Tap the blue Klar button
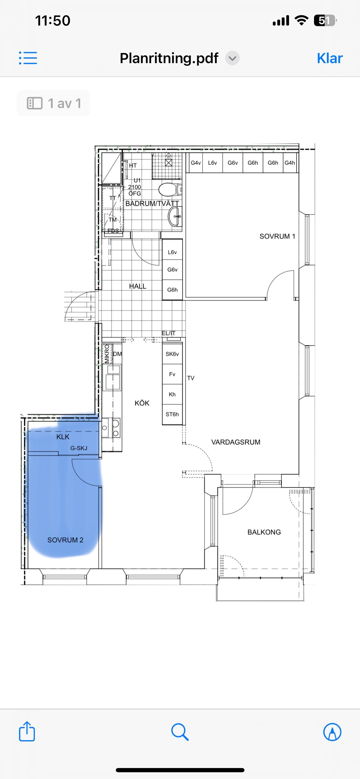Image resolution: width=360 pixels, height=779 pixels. point(330,58)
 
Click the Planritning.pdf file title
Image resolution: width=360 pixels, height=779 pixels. point(169,58)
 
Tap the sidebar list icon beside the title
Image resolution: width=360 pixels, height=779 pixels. point(28,58)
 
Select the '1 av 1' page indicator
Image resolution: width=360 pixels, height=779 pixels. point(54,103)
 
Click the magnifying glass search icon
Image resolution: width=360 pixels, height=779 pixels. point(180,732)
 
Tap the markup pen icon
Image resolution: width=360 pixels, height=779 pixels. point(332,732)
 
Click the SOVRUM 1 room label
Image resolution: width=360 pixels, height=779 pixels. point(277,236)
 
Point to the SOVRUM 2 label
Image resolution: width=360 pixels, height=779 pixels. point(65,540)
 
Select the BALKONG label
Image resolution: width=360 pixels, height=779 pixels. point(264,532)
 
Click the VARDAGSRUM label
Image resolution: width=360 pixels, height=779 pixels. point(236,442)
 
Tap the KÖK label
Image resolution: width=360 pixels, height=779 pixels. point(142,403)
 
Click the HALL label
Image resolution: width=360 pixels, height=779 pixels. point(138,286)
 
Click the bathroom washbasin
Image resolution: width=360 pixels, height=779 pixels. point(175,217)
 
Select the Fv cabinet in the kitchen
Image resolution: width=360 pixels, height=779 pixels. point(172,374)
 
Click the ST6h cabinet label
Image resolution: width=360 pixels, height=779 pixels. point(172,414)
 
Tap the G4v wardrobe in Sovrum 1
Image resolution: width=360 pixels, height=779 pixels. point(196,163)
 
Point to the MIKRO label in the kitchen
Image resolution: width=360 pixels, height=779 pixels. point(107,354)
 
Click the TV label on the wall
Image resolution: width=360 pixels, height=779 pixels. point(191,378)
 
